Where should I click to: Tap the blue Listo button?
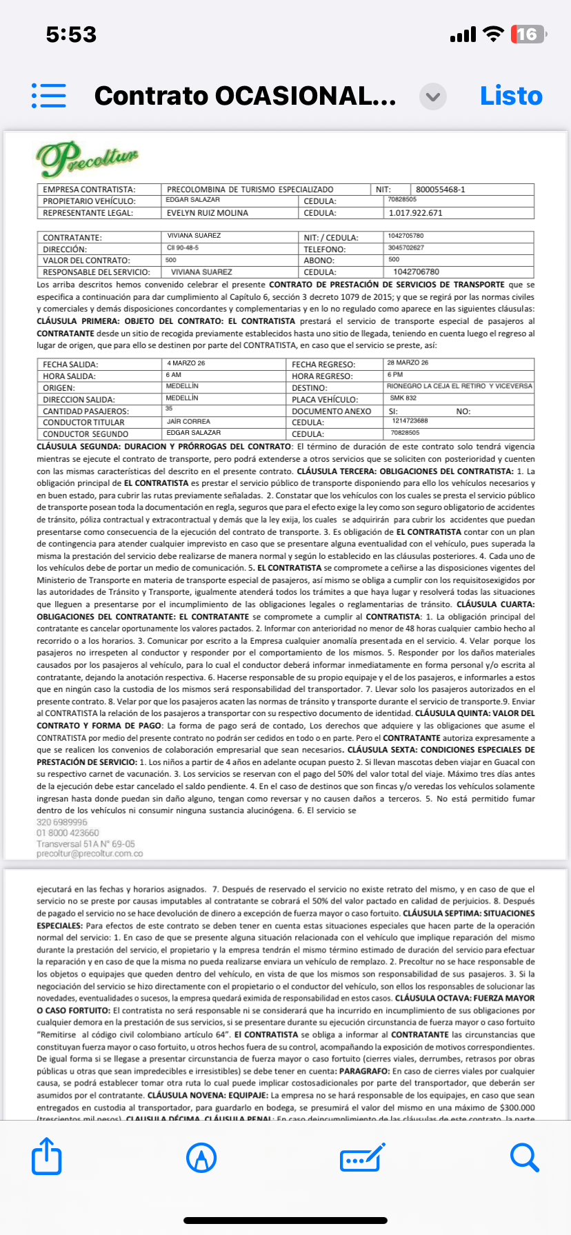[x=511, y=96]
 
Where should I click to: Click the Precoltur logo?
[x=88, y=159]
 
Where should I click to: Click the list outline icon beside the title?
[x=49, y=96]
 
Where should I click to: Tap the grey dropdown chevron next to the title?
[x=433, y=96]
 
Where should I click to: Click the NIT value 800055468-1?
[x=440, y=190]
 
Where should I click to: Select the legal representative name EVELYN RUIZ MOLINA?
[x=208, y=213]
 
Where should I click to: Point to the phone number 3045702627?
[x=406, y=247]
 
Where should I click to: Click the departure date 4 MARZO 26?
[x=186, y=363]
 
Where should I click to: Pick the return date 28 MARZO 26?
[x=408, y=363]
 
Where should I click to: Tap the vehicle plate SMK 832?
[x=403, y=398]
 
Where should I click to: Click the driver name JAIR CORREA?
[x=188, y=421]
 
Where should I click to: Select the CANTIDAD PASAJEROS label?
[x=86, y=411]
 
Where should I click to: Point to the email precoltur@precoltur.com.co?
[x=90, y=853]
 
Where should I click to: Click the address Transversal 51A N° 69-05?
[x=86, y=844]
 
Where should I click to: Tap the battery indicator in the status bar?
[x=528, y=34]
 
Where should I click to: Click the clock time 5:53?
[x=71, y=34]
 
